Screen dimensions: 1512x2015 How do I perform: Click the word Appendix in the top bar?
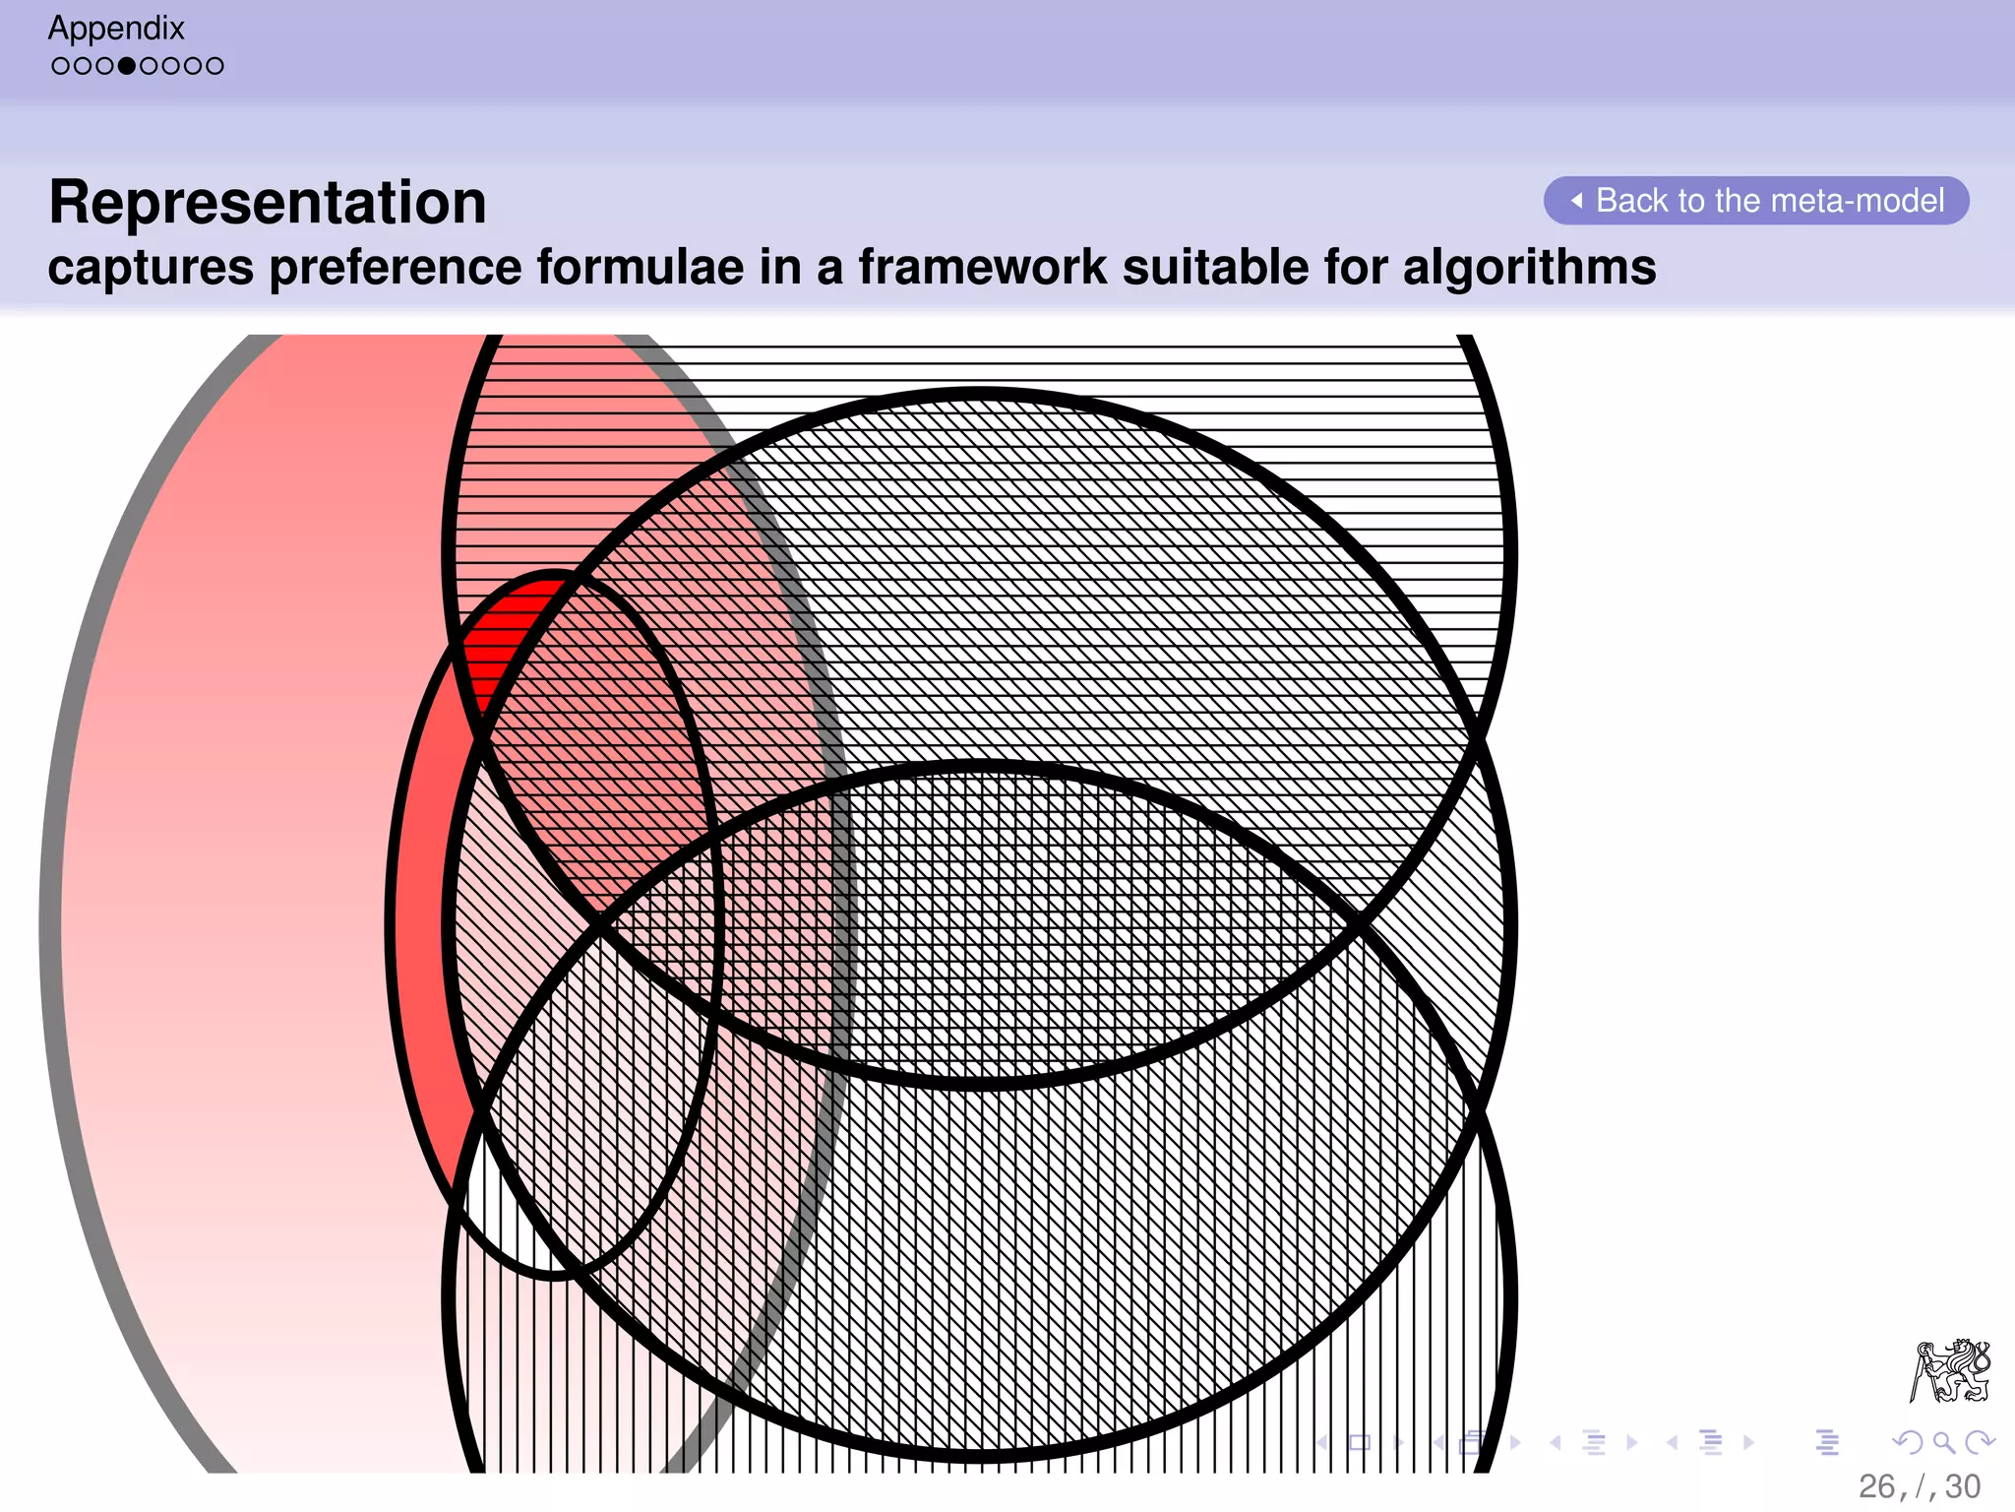(116, 29)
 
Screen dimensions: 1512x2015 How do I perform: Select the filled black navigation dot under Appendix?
(127, 67)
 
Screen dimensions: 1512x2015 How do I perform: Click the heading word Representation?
(268, 203)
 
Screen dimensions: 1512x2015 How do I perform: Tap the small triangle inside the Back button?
(1577, 201)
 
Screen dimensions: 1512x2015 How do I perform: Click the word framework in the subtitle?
(983, 268)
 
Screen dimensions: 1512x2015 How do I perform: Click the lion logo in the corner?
(1950, 1370)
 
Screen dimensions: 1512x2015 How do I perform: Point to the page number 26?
(1876, 1486)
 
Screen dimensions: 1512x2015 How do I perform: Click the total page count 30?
(1963, 1486)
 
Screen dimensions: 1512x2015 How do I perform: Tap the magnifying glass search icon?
(1943, 1443)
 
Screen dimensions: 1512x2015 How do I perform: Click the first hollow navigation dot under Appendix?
(60, 67)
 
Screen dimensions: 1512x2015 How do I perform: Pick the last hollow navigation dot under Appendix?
(215, 67)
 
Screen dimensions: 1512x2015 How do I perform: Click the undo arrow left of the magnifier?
(1908, 1443)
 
